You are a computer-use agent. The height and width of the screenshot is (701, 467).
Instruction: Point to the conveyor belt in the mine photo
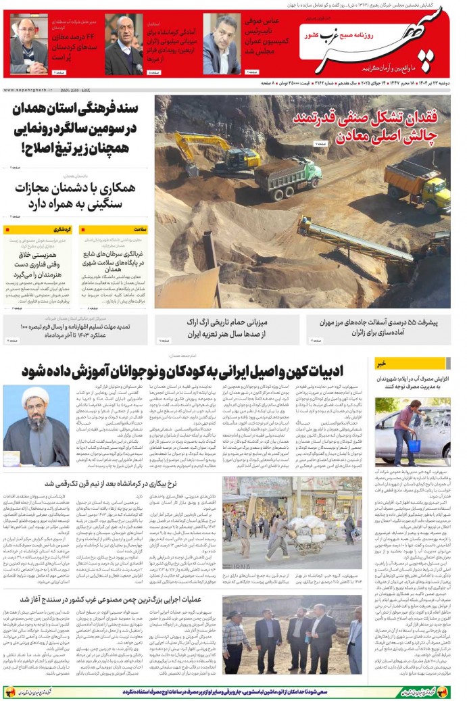(x=358, y=240)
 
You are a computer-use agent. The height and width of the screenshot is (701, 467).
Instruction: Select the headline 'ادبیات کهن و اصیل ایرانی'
(x=182, y=370)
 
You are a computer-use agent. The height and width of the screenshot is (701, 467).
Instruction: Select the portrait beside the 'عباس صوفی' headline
(x=222, y=44)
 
